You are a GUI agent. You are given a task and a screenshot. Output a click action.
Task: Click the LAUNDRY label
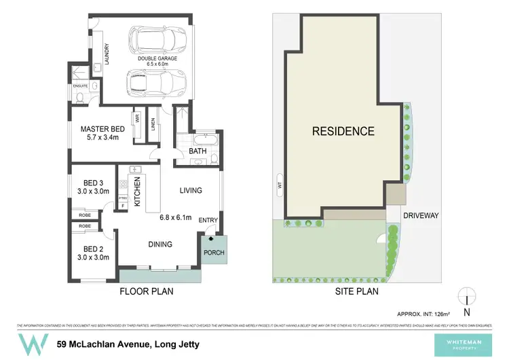pos(107,51)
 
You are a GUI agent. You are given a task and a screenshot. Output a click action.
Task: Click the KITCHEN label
pos(136,192)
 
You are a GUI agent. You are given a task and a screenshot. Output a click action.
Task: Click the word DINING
pos(160,244)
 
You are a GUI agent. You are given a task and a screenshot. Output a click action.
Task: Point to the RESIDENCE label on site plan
pos(343,131)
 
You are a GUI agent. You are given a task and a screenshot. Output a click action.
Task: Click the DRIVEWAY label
pos(421,215)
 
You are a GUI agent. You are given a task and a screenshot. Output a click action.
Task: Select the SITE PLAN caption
pos(356,291)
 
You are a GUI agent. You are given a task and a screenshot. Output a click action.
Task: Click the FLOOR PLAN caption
pos(147,291)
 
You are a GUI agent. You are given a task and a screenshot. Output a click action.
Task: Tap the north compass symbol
pos(466,300)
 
